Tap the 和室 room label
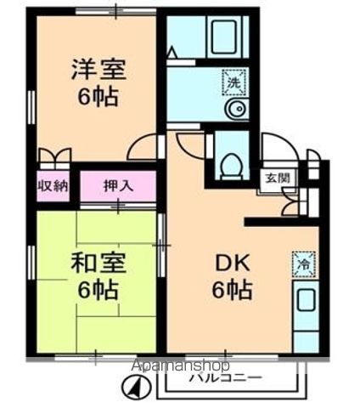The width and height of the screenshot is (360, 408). pos(94,264)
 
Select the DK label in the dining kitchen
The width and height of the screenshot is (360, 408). pos(231,264)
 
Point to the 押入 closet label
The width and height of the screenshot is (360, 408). pos(118,185)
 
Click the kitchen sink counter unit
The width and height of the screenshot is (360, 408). pos(305,314)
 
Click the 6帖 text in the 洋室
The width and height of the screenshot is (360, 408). pos(94,95)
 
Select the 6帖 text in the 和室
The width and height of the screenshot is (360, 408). pos(94,289)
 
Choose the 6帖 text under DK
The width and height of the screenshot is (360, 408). pos(231,290)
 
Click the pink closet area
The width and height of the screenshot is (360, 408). pos(118,186)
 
